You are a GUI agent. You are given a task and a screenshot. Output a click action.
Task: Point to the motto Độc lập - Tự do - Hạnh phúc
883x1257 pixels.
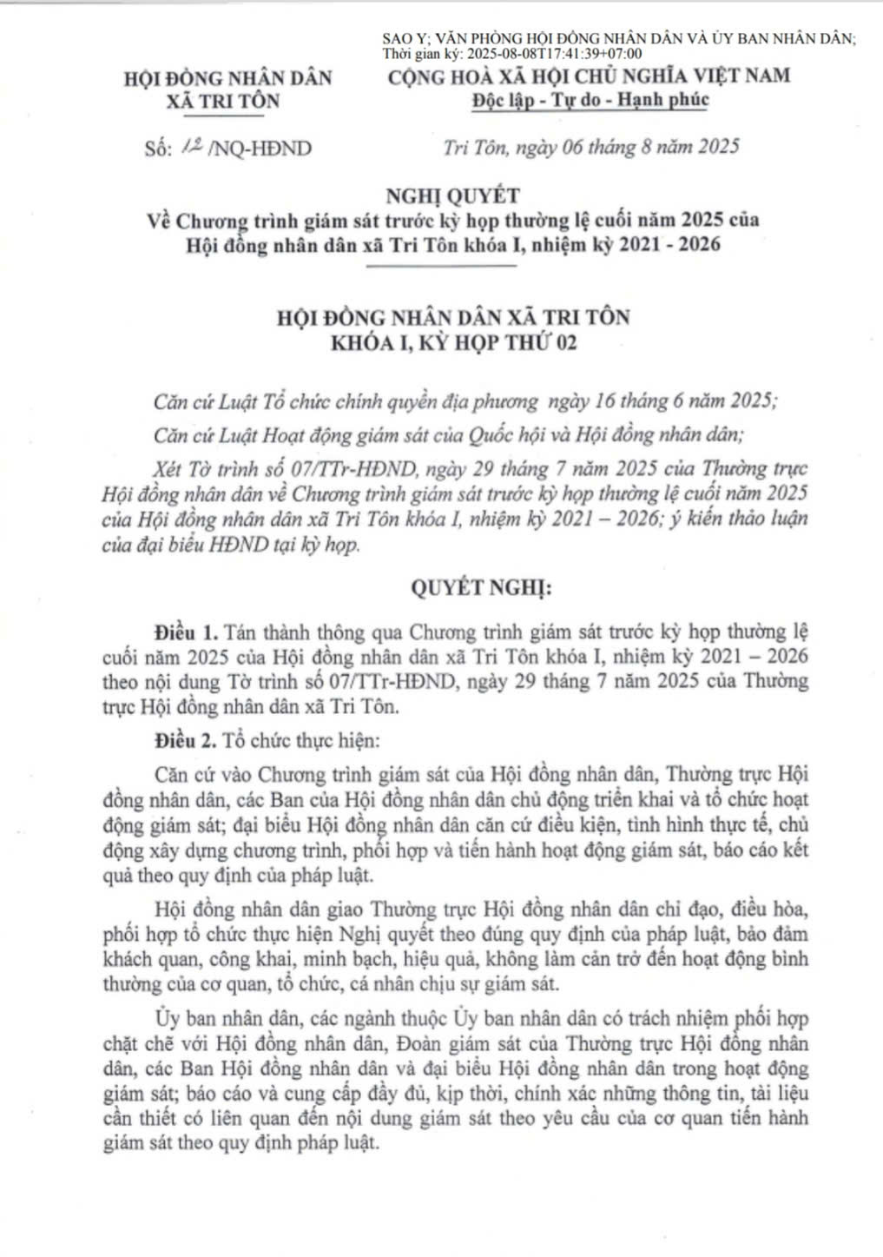(x=590, y=100)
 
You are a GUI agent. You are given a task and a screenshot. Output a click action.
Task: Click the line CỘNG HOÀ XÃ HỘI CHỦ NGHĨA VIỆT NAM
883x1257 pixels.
(x=590, y=76)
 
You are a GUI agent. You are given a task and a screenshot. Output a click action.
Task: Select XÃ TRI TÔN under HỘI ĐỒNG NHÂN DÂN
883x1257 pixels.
(x=229, y=101)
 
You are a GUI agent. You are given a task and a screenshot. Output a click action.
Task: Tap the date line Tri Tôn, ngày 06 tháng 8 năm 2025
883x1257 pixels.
(x=590, y=146)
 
